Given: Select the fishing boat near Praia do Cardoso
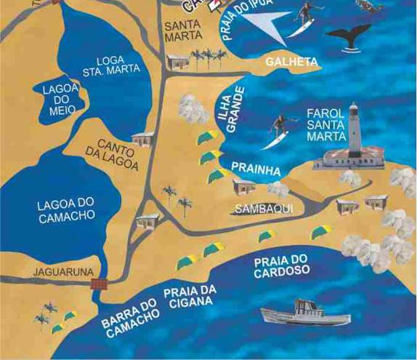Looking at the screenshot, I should click(x=294, y=312).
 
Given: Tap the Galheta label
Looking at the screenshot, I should click(x=288, y=63).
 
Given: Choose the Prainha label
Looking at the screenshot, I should click(x=255, y=169).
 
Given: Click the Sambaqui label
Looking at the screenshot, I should click(x=254, y=209).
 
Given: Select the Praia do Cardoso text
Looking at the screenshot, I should click(x=281, y=265).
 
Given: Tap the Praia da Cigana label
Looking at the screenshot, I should click(x=190, y=297).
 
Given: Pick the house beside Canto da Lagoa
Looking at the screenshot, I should click(x=143, y=138).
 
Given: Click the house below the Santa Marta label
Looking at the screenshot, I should click(x=177, y=61).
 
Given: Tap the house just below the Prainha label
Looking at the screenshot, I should click(x=244, y=187).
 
